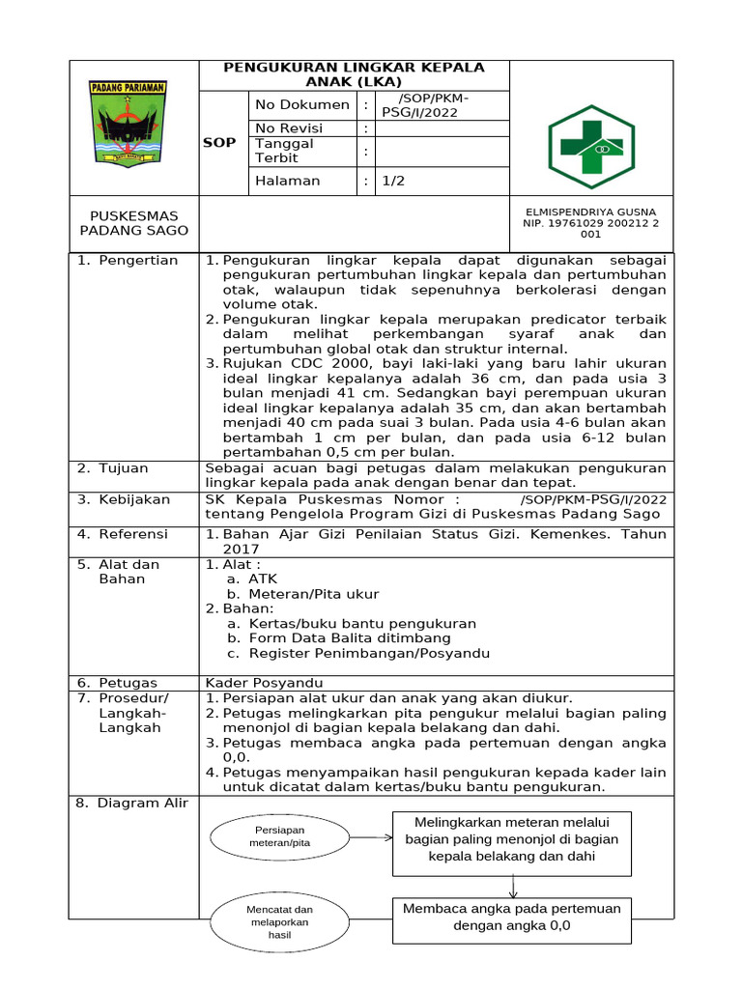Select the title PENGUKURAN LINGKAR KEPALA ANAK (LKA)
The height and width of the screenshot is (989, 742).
(x=354, y=74)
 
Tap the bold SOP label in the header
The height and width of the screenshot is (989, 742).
(x=218, y=143)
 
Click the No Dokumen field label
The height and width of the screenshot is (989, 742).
(x=300, y=104)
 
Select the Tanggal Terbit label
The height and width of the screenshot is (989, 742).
(x=285, y=151)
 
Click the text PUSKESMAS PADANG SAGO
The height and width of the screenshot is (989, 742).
(x=134, y=223)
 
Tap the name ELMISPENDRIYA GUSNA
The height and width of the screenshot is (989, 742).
(x=590, y=212)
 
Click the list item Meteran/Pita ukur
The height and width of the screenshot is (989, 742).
(x=313, y=594)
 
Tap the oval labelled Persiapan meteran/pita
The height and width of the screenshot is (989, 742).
(x=278, y=837)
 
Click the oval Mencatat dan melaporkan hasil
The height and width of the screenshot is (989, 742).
(x=278, y=922)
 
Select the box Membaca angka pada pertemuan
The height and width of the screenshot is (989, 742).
(x=512, y=917)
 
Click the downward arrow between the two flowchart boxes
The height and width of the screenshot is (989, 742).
(x=513, y=885)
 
